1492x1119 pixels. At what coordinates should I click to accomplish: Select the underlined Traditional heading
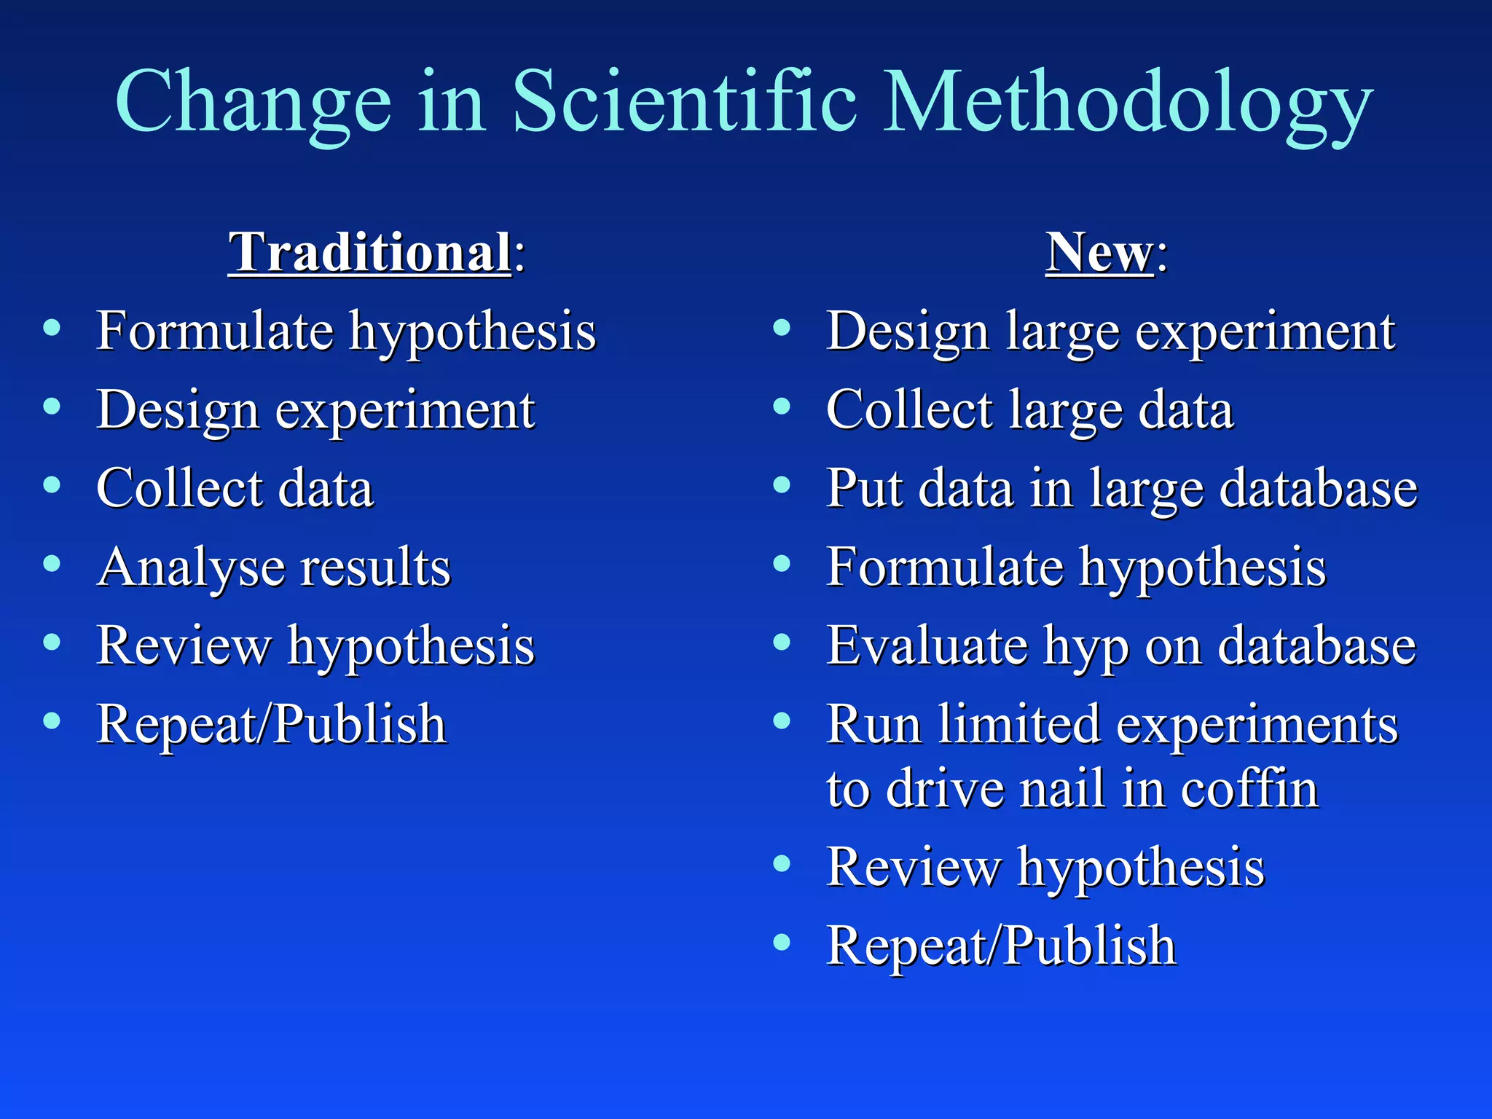click(x=370, y=252)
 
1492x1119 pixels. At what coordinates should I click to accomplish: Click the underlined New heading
click(x=1099, y=252)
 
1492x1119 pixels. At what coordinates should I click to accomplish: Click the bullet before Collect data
click(x=52, y=484)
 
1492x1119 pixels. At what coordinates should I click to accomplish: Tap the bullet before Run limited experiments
click(x=782, y=721)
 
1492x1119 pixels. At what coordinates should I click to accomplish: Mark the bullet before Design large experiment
click(x=782, y=328)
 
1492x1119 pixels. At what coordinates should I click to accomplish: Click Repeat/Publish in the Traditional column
click(x=271, y=724)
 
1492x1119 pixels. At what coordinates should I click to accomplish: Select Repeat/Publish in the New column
click(x=1001, y=946)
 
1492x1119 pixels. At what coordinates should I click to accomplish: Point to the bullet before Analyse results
click(x=52, y=563)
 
